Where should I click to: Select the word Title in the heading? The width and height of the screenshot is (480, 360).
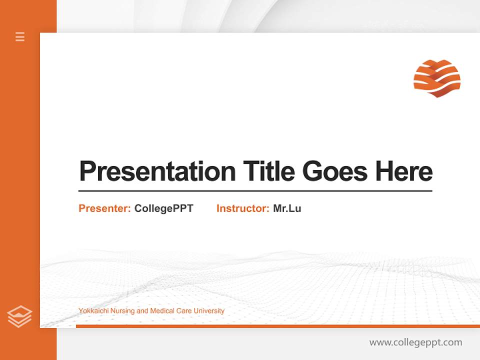coord(269,171)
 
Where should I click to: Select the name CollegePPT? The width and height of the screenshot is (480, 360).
coord(163,208)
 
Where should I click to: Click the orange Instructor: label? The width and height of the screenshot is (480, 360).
coord(243,208)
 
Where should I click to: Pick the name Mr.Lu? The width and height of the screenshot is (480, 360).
coord(287,208)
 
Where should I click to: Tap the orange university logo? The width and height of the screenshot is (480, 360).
coord(437,78)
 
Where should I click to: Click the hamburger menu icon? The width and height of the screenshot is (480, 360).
coord(20,36)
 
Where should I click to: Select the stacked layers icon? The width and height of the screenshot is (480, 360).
coord(19,316)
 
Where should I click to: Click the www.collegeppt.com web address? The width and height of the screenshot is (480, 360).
coord(415,342)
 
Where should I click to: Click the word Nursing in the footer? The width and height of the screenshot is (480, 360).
coord(123,311)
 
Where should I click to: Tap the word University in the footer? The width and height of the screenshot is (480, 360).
coord(208,311)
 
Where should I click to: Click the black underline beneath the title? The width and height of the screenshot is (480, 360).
coord(255,191)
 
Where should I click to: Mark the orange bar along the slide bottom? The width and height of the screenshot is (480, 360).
coord(277,326)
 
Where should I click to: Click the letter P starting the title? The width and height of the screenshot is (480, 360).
coord(86,171)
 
